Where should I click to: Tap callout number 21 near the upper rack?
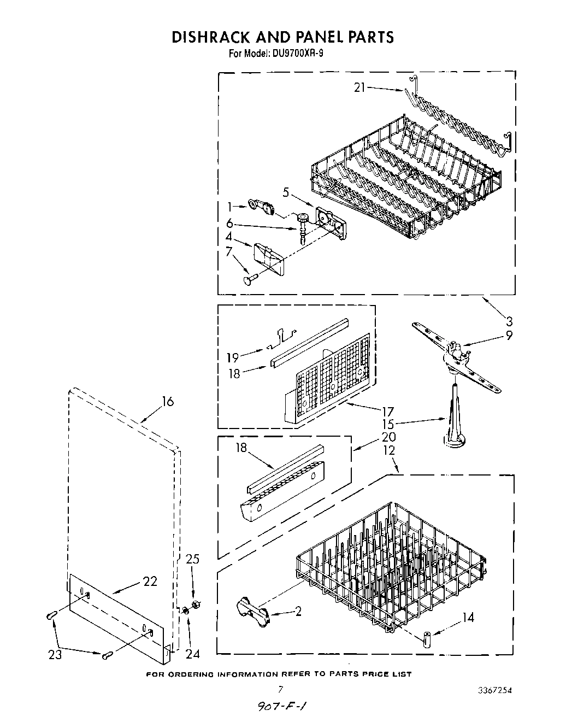point(359,87)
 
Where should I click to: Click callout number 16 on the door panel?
point(167,402)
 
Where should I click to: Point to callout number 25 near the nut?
point(193,559)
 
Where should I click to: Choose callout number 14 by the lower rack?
point(468,618)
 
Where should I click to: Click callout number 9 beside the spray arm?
point(509,336)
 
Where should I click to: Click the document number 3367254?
point(494,690)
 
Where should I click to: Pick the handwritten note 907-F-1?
point(281,706)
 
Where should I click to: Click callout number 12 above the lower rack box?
point(388,450)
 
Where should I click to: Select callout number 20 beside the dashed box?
point(390,437)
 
